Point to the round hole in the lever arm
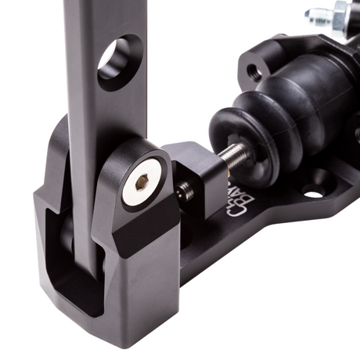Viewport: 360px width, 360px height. [120, 63]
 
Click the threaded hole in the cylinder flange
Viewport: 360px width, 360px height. [253, 73]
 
